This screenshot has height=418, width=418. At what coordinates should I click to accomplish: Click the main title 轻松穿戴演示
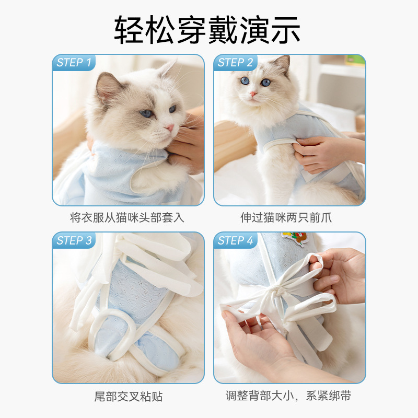click(x=207, y=30)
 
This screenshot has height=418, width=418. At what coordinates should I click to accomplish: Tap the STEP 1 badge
click(x=74, y=63)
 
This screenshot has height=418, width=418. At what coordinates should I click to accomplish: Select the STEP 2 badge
click(x=235, y=63)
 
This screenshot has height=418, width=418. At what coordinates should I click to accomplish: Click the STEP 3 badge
click(x=74, y=241)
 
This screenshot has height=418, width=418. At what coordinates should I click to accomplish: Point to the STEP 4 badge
click(x=235, y=241)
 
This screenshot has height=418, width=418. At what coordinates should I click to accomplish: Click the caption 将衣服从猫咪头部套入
click(x=127, y=217)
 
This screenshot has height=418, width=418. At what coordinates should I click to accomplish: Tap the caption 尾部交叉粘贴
click(x=128, y=396)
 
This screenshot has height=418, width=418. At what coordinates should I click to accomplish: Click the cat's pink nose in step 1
click(x=170, y=127)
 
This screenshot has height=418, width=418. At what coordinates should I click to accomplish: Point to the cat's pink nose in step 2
click(x=253, y=94)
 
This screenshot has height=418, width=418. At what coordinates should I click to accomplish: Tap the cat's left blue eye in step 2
click(x=244, y=81)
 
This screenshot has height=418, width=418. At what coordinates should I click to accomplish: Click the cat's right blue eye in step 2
click(x=266, y=82)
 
